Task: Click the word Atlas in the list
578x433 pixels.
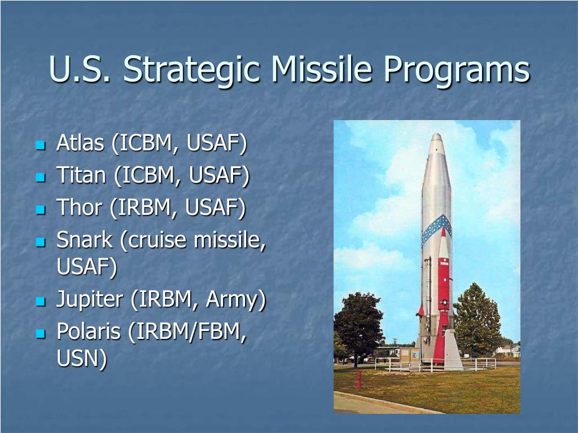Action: (x=80, y=143)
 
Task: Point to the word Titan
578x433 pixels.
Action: (x=81, y=175)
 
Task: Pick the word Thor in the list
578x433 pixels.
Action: (x=79, y=207)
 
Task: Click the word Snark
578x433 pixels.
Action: (x=85, y=240)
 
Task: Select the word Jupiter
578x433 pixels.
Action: (x=90, y=300)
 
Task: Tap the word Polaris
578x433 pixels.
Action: (x=89, y=331)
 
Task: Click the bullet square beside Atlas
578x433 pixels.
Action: (x=41, y=145)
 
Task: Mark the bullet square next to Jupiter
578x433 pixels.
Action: (x=41, y=302)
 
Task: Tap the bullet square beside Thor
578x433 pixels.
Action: (x=41, y=210)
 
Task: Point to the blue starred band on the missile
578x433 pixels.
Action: (x=437, y=228)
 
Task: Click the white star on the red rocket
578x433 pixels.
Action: (x=445, y=302)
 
